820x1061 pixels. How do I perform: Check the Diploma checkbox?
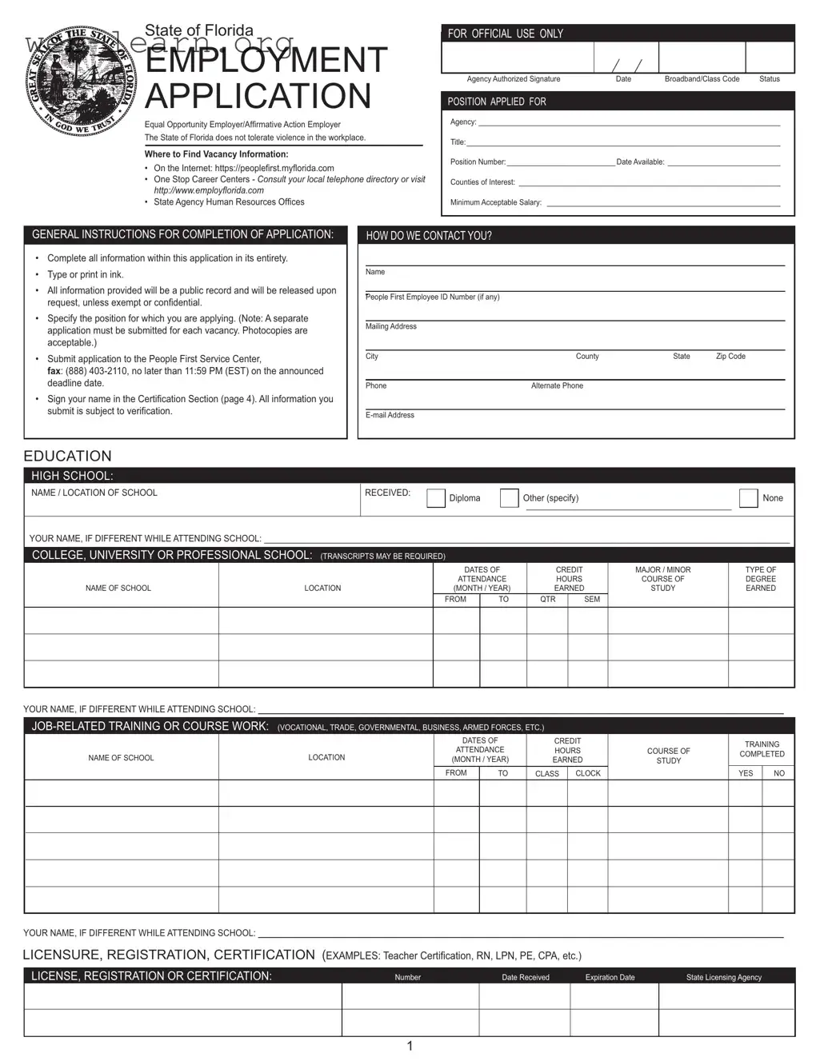click(x=436, y=498)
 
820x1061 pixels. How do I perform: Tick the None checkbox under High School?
click(x=748, y=498)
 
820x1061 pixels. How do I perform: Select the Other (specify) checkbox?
click(x=509, y=498)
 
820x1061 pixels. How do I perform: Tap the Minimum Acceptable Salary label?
click(x=495, y=202)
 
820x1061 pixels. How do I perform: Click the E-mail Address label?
click(x=390, y=415)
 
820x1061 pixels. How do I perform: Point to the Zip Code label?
click(x=730, y=357)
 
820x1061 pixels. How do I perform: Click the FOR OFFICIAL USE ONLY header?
click(x=505, y=34)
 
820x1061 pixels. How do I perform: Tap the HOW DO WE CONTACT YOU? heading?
click(x=429, y=236)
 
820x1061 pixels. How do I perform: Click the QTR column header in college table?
click(x=547, y=599)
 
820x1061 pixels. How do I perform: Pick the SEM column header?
click(x=592, y=599)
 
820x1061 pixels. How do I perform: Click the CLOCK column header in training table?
click(x=588, y=773)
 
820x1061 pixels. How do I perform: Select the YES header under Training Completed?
click(x=746, y=773)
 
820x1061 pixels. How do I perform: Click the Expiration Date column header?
click(x=610, y=977)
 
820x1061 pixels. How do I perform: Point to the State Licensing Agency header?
click(x=723, y=977)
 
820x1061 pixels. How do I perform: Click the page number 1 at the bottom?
click(x=410, y=1046)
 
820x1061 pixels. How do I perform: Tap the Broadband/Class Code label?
click(x=702, y=79)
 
